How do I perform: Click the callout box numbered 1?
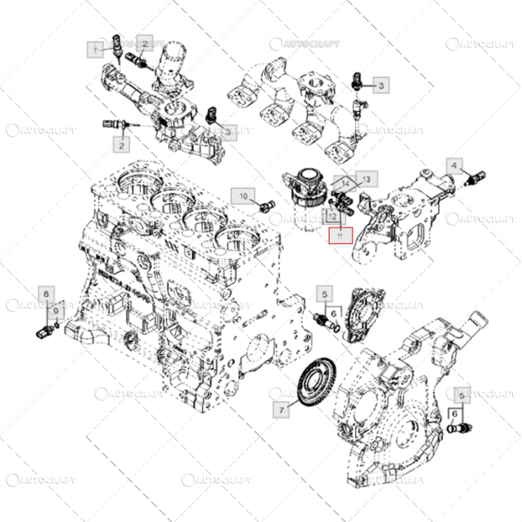pos(95,49)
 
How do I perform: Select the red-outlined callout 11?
pos(340,236)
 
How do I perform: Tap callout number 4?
pos(454,165)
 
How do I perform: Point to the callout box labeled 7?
pos(281,410)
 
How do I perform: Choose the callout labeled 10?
pos(242,196)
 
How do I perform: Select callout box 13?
pos(367,179)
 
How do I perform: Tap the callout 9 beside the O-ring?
pos(55,310)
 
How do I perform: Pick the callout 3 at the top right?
pos(380,87)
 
